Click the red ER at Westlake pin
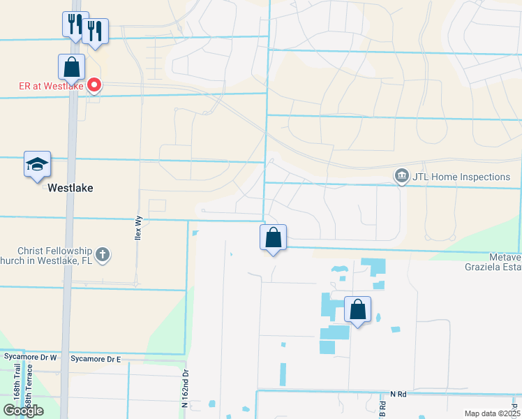tap(94, 86)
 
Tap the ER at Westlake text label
tap(51, 87)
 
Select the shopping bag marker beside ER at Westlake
tap(71, 68)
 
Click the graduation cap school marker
tap(37, 165)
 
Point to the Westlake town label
tap(70, 189)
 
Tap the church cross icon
tap(103, 254)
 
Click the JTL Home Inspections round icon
tap(401, 177)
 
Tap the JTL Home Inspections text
tap(461, 177)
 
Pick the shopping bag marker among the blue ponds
tap(357, 309)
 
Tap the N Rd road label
tap(398, 395)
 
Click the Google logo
tap(23, 411)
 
